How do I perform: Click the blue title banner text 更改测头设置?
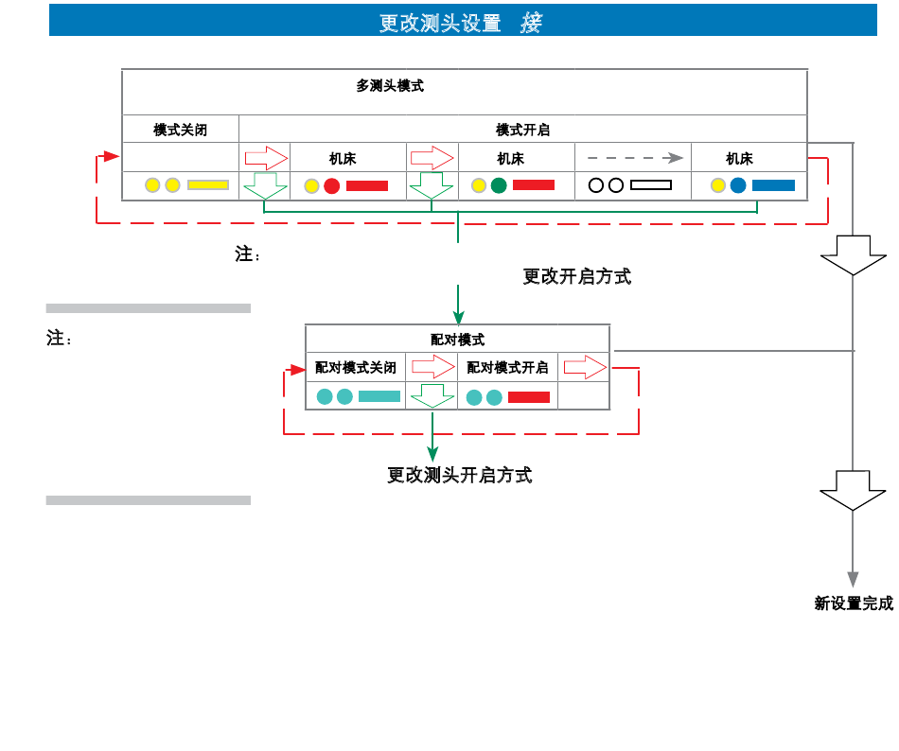[x=440, y=23]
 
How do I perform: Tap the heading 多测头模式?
[x=390, y=86]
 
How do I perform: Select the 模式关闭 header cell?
[x=180, y=130]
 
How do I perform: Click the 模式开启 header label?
[x=522, y=130]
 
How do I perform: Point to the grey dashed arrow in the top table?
[x=635, y=158]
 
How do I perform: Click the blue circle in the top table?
[x=738, y=185]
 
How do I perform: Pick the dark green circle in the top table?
[x=499, y=185]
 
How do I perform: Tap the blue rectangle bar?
[x=773, y=185]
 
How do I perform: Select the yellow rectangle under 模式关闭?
[x=208, y=185]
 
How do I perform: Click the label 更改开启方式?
[x=577, y=277]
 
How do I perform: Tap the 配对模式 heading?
[x=457, y=340]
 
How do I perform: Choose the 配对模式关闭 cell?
[x=356, y=367]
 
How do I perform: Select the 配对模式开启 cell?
[x=507, y=367]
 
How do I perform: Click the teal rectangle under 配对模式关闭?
[x=379, y=396]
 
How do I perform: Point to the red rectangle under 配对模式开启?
[x=529, y=397]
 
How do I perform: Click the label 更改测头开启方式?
[x=460, y=475]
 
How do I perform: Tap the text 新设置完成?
[x=854, y=603]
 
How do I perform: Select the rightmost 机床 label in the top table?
[x=739, y=159]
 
